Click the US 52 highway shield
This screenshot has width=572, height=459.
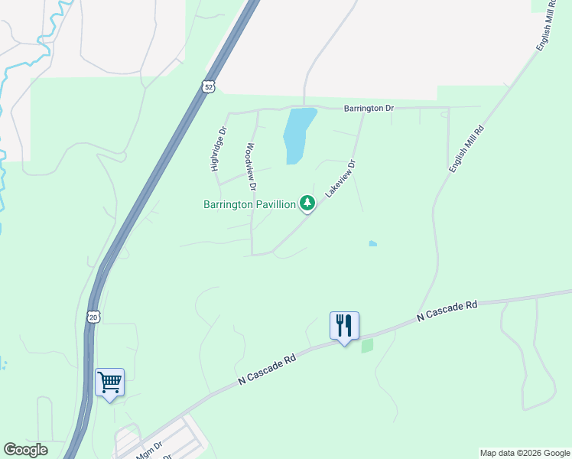(x=209, y=87)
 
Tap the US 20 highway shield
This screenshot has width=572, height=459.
(x=93, y=317)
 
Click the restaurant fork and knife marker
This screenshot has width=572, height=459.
(x=344, y=326)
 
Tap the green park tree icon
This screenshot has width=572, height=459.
(x=307, y=203)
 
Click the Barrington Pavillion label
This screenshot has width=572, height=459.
(x=249, y=204)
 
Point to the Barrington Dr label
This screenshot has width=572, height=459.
(x=368, y=109)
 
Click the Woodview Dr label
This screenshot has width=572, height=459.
(x=250, y=167)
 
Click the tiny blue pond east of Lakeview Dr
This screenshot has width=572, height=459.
(x=372, y=244)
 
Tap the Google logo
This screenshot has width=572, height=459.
(x=25, y=450)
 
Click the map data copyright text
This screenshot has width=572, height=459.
(x=525, y=453)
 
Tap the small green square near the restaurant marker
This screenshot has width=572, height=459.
(x=367, y=346)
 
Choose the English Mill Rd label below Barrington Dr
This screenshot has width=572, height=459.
(x=466, y=149)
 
